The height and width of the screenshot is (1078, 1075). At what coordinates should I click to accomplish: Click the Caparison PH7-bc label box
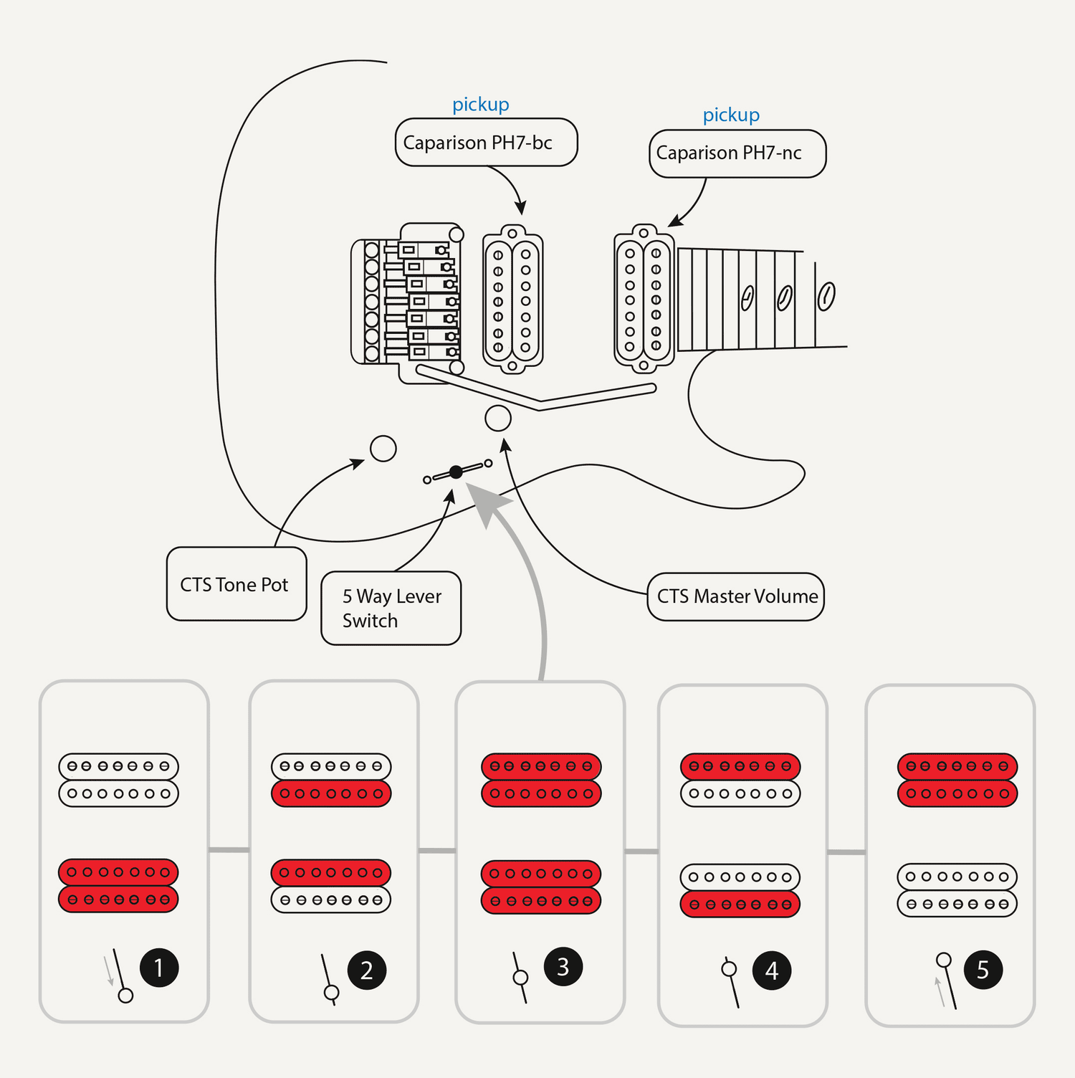486,143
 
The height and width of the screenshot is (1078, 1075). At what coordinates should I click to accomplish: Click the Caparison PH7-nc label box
737,153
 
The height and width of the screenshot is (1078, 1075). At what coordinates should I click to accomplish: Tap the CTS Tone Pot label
236,584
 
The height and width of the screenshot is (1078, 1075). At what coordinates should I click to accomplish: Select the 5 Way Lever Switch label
391,608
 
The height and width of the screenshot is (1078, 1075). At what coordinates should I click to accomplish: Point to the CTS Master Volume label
736,596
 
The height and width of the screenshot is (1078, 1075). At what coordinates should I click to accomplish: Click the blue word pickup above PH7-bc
481,105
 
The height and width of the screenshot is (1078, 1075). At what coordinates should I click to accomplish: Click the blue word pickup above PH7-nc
731,115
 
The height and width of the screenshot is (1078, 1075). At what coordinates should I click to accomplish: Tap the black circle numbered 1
158,968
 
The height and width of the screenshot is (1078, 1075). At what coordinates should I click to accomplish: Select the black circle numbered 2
366,970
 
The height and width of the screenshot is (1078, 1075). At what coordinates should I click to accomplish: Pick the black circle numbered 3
563,966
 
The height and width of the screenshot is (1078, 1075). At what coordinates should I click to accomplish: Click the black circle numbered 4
771,970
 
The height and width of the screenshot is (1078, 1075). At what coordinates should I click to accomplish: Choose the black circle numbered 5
983,970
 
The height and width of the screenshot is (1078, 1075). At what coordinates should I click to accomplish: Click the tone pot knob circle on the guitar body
383,449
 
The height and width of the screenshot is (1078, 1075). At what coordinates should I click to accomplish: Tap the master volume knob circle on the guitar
498,418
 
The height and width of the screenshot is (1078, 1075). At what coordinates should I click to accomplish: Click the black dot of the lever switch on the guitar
456,472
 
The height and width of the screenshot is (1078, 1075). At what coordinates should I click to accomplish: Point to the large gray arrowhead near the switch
487,502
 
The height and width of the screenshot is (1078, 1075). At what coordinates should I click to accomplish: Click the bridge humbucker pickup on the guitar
512,300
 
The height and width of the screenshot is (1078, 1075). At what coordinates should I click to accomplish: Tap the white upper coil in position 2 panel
331,766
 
